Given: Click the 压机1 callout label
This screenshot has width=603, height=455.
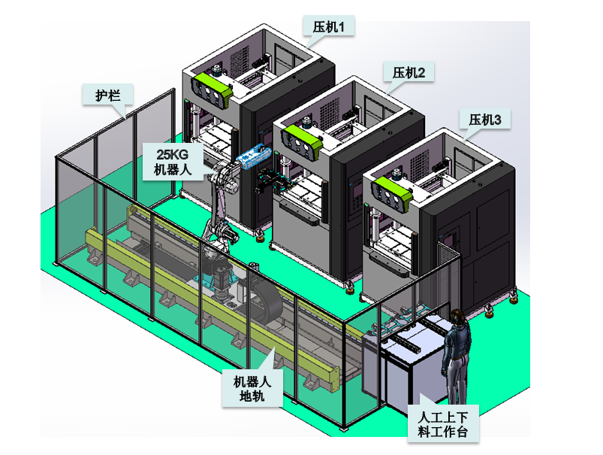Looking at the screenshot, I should (x=328, y=27).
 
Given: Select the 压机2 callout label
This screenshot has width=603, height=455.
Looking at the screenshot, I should (x=409, y=73).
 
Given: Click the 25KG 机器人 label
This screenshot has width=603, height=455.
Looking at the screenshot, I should (x=173, y=162).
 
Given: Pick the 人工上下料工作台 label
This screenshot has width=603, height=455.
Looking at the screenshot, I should (x=443, y=423).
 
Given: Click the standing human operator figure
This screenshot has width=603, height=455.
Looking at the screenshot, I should (x=456, y=357).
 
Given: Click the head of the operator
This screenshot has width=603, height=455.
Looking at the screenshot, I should (x=457, y=315).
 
